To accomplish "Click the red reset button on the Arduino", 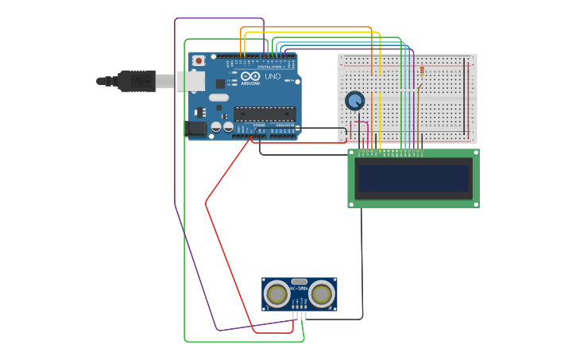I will point(198,60).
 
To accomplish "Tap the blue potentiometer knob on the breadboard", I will point(354,101).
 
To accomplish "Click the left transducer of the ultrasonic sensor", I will point(277,294).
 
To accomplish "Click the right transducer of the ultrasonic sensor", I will point(321,294).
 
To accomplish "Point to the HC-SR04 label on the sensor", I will point(300,288).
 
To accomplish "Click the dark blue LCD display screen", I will point(413,178).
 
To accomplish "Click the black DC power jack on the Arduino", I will point(195,128).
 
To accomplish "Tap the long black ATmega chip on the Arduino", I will point(264,114).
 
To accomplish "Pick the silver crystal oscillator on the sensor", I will point(299,281).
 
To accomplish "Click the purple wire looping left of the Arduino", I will point(175,119).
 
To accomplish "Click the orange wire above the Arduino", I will point(306,28).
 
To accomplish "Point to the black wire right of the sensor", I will point(361,262).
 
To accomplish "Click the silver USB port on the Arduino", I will point(191,80).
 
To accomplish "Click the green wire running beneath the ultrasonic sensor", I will point(238,342).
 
